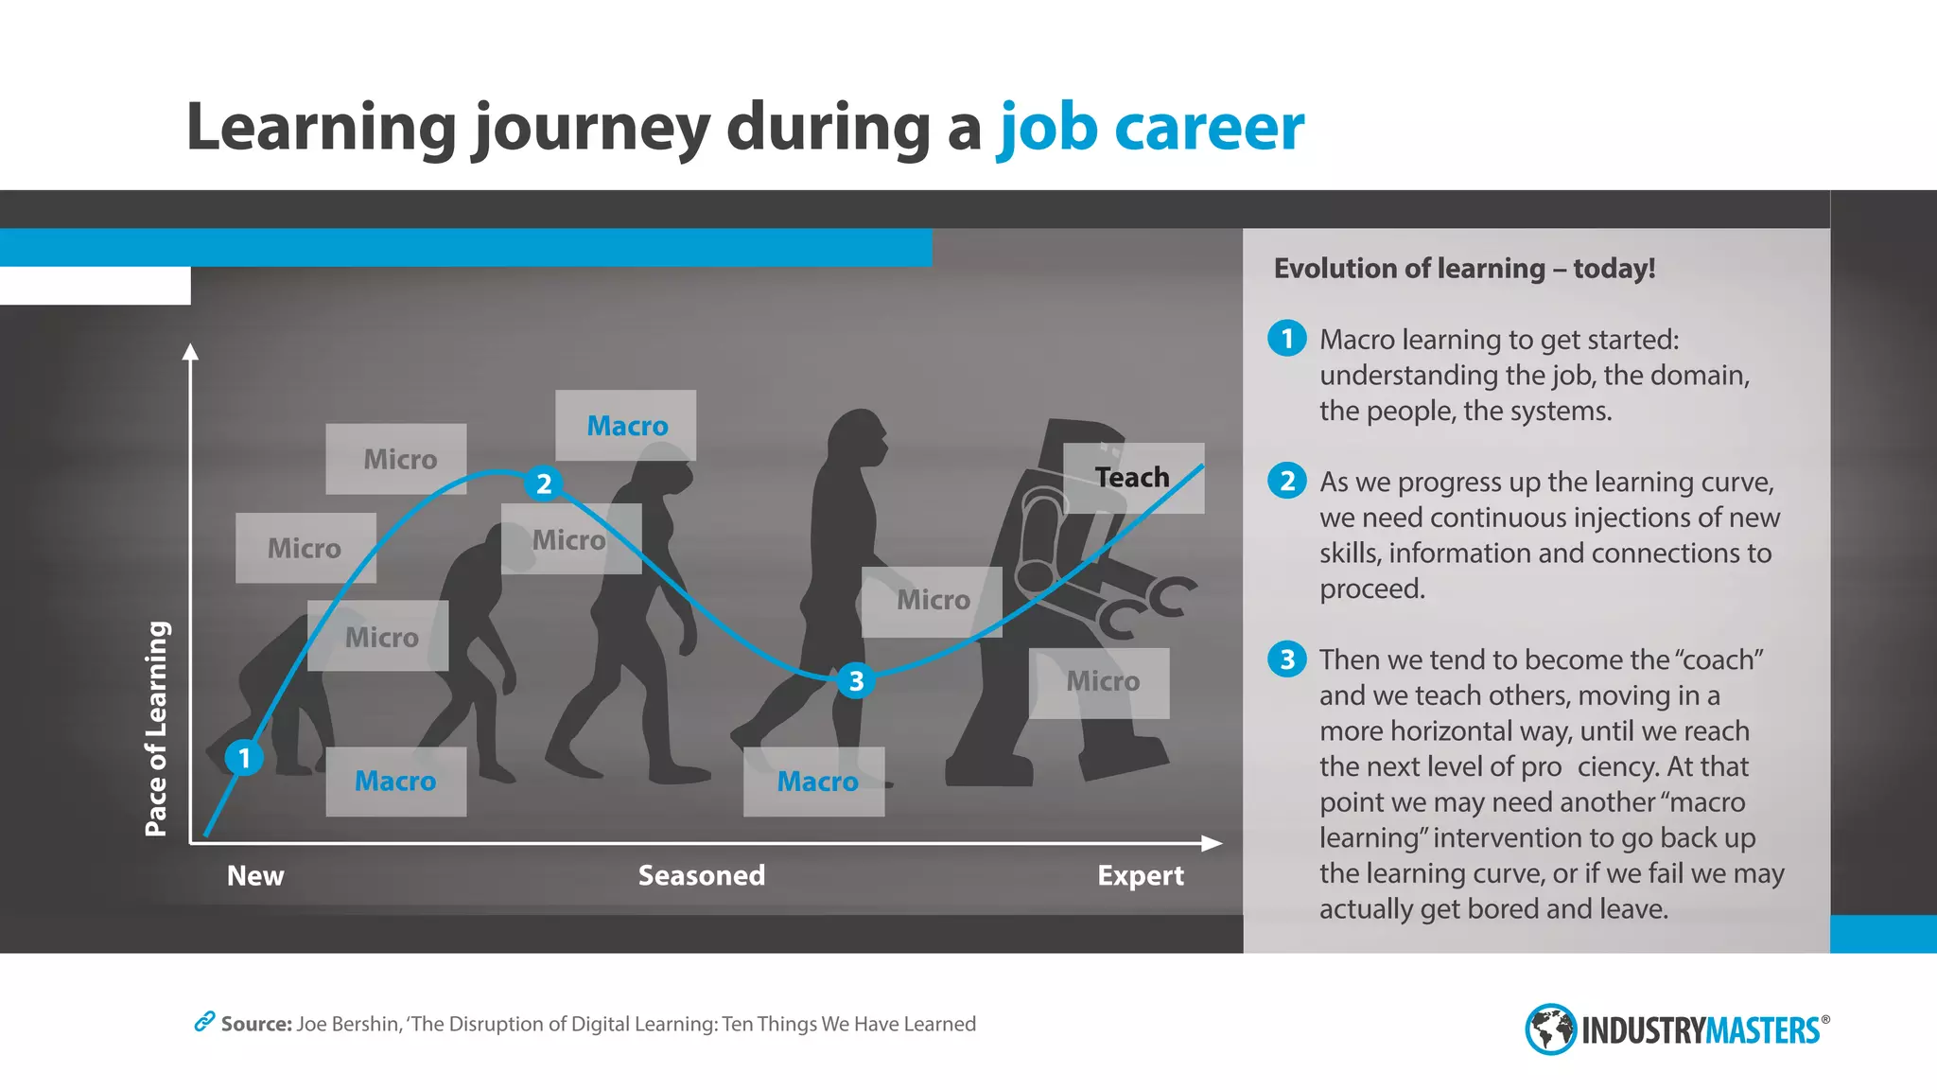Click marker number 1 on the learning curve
click(244, 758)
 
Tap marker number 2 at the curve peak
click(543, 483)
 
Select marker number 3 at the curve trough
click(856, 680)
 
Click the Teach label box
click(1133, 478)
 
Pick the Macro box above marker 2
click(626, 426)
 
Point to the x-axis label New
click(255, 875)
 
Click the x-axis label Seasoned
click(701, 875)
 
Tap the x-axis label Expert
click(1140, 875)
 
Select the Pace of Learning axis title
click(156, 729)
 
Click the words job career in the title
click(1151, 127)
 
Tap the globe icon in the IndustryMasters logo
click(1550, 1028)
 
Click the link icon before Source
click(204, 1022)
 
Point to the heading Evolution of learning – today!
click(1464, 269)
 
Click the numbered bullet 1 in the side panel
click(1287, 339)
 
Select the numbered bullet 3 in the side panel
click(1287, 659)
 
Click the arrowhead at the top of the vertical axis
click(191, 352)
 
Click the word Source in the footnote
click(255, 1024)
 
